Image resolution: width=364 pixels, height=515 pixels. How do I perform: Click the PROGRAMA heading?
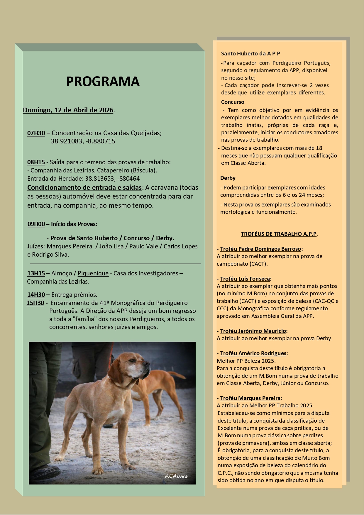(x=103, y=82)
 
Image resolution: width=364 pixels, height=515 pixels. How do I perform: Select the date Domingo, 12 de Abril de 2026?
(x=68, y=110)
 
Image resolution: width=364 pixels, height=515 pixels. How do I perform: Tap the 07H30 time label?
(x=36, y=133)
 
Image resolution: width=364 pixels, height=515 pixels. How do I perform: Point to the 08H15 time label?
(x=36, y=162)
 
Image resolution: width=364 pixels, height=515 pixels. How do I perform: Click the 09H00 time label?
(x=36, y=224)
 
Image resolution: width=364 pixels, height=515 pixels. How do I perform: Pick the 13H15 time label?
(x=36, y=273)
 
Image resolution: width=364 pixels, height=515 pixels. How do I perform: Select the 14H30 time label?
(x=36, y=295)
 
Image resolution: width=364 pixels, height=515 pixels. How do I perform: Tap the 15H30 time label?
(x=35, y=303)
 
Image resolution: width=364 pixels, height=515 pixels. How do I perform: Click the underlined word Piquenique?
(x=93, y=273)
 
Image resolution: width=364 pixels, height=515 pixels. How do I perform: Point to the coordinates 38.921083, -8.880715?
(x=83, y=141)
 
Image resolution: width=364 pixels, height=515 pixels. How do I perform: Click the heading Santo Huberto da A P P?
(x=250, y=54)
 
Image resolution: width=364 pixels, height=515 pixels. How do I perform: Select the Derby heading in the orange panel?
(x=228, y=178)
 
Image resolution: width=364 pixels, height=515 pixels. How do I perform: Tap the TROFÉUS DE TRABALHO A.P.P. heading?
(x=279, y=234)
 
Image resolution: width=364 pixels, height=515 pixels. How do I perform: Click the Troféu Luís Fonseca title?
(x=245, y=279)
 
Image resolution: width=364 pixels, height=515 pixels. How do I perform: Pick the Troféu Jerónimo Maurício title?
(x=253, y=331)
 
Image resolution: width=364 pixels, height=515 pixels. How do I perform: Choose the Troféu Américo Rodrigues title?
(x=253, y=353)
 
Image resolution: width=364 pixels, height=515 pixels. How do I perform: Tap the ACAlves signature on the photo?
(x=176, y=476)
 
